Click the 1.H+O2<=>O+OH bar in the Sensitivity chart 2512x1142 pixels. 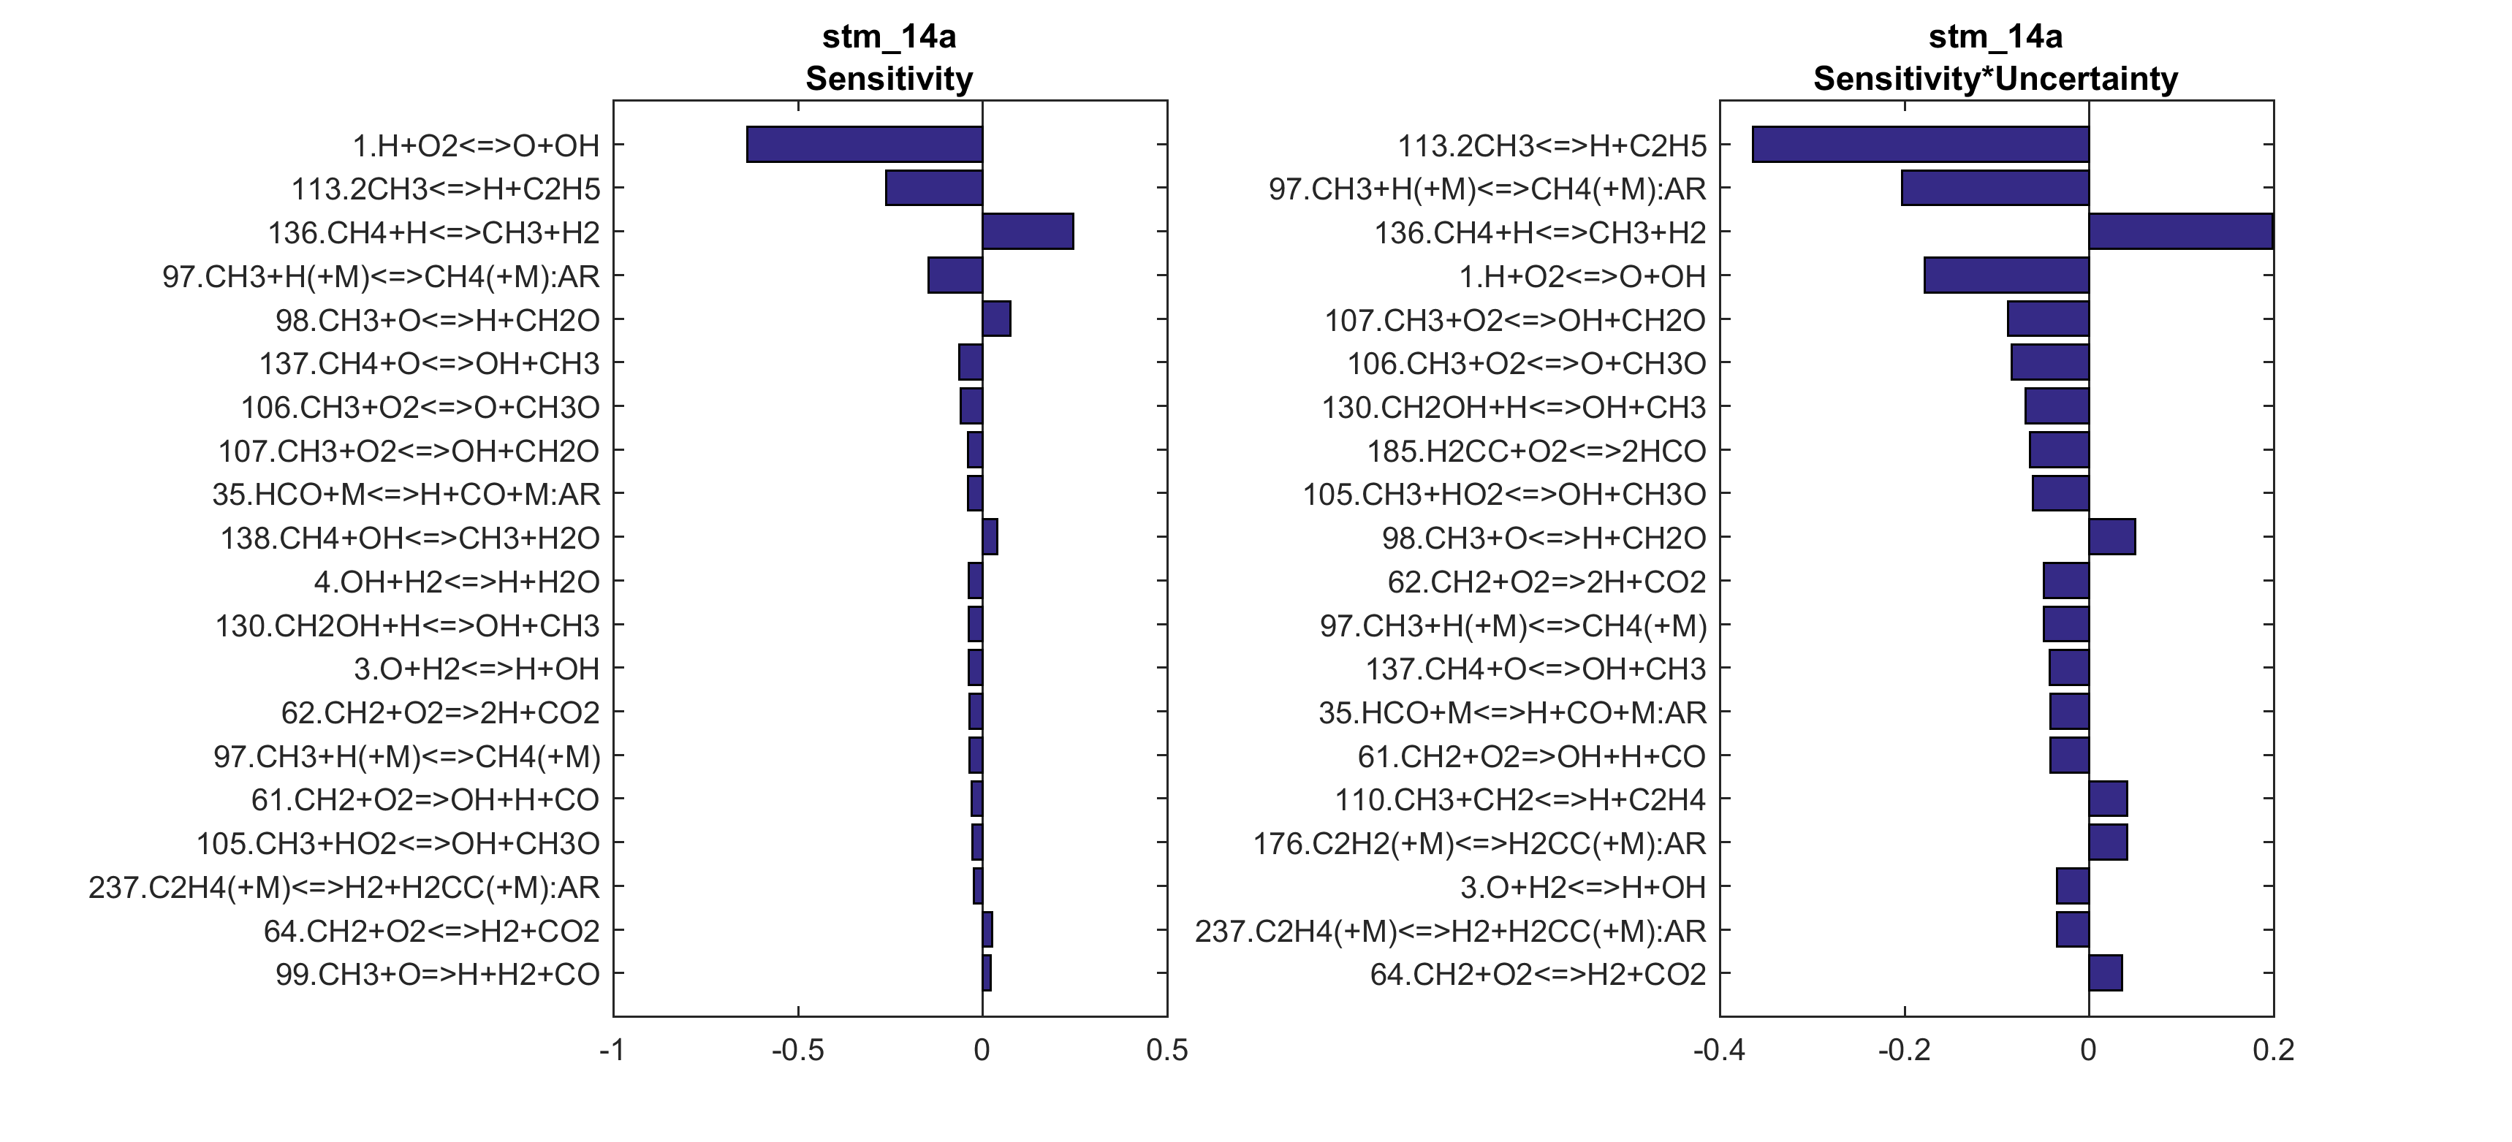[x=864, y=145]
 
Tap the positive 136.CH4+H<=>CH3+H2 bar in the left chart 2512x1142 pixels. [x=1028, y=232]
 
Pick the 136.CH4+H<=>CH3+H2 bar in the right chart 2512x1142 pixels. [x=2180, y=232]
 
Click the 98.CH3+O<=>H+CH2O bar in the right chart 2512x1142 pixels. [x=2111, y=537]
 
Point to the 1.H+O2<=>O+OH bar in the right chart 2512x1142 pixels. [x=2006, y=276]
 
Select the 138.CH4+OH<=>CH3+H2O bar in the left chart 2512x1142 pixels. [x=990, y=537]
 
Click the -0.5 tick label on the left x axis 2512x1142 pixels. [x=797, y=1051]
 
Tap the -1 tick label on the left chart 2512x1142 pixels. [x=612, y=1051]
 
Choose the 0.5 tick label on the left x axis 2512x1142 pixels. [x=1167, y=1051]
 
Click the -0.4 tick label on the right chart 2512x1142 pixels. [x=1718, y=1051]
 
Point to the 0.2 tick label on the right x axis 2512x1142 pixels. [x=2273, y=1051]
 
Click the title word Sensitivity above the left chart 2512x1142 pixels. [x=888, y=78]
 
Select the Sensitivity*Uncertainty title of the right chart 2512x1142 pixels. [x=1995, y=78]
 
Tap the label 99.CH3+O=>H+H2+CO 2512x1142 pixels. [x=437, y=974]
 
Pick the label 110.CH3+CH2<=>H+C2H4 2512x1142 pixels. [x=1520, y=800]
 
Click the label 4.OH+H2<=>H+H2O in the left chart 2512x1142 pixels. [x=456, y=582]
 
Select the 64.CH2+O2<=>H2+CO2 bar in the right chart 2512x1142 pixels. [x=2104, y=973]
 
